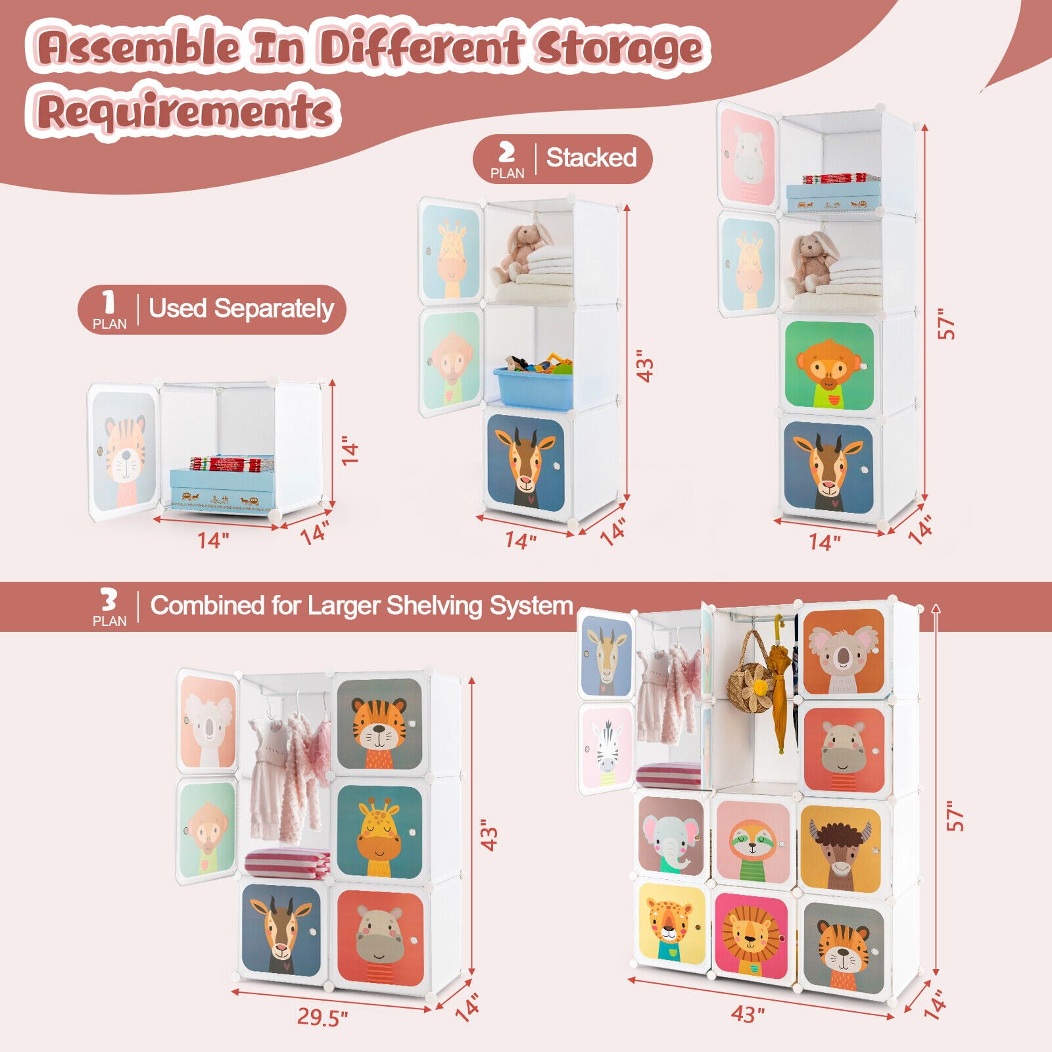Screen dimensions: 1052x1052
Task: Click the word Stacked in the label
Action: tap(591, 158)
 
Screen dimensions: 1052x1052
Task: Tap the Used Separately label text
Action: tap(241, 308)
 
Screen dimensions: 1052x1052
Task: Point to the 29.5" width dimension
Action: tap(322, 1016)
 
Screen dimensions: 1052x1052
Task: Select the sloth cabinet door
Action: tap(753, 843)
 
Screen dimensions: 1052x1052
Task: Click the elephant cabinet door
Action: tap(671, 836)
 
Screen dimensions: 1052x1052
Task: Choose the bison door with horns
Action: tap(841, 848)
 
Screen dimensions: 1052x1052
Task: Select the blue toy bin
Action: tap(534, 386)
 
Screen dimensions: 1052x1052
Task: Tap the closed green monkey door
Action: tap(829, 366)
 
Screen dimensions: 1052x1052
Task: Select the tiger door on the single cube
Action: tap(124, 452)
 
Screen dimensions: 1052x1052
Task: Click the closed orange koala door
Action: tap(843, 653)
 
